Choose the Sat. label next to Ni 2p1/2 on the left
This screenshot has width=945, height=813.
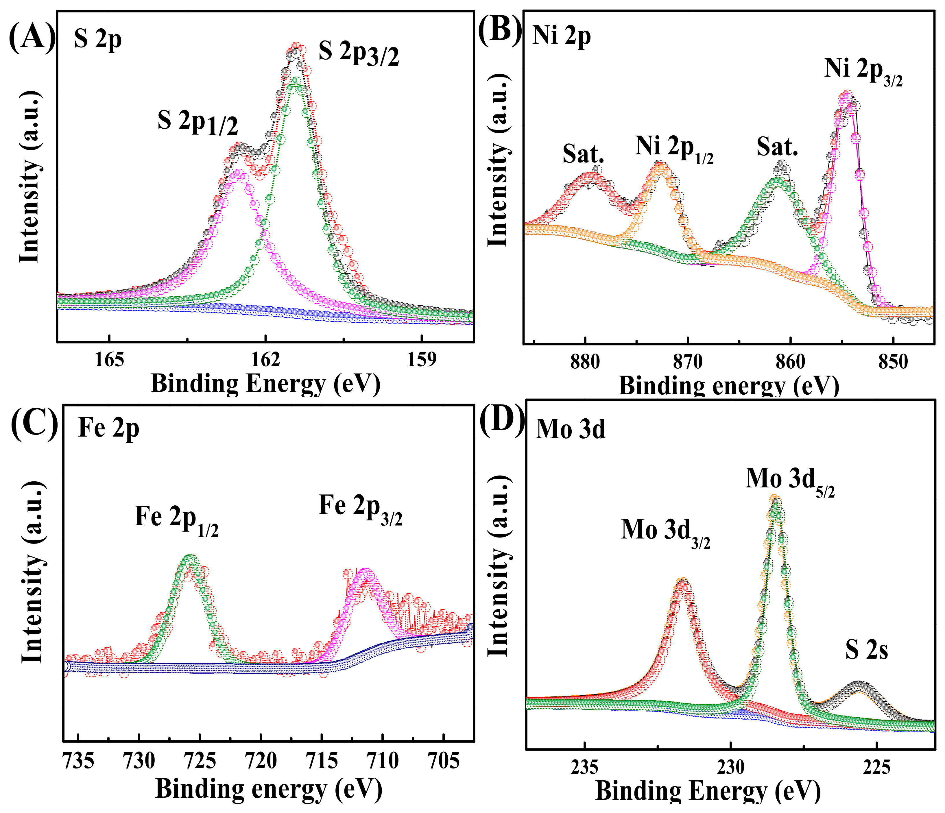pyautogui.click(x=583, y=154)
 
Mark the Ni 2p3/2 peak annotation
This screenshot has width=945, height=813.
pyautogui.click(x=863, y=73)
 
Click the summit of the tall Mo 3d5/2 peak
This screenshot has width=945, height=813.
pyautogui.click(x=774, y=498)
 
